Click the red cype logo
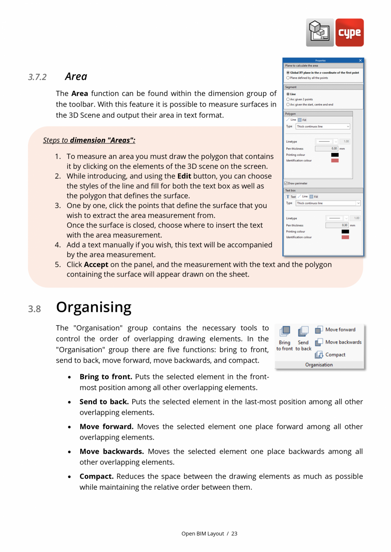(349, 32)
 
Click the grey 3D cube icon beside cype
(320, 32)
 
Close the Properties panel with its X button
(360, 61)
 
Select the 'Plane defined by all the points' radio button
(288, 78)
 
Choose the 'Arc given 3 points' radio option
(288, 99)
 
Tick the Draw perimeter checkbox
(286, 183)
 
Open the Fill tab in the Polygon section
(302, 120)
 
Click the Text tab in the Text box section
(291, 197)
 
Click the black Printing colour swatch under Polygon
(335, 155)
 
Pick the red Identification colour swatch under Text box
(345, 237)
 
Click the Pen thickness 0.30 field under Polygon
(326, 149)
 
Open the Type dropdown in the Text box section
(328, 203)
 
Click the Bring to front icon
(285, 331)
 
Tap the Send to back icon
(303, 331)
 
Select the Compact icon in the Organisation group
(319, 355)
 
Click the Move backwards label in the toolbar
(343, 342)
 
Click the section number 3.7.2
(37, 77)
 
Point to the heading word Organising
(93, 307)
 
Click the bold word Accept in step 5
(96, 265)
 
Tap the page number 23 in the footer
(234, 534)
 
